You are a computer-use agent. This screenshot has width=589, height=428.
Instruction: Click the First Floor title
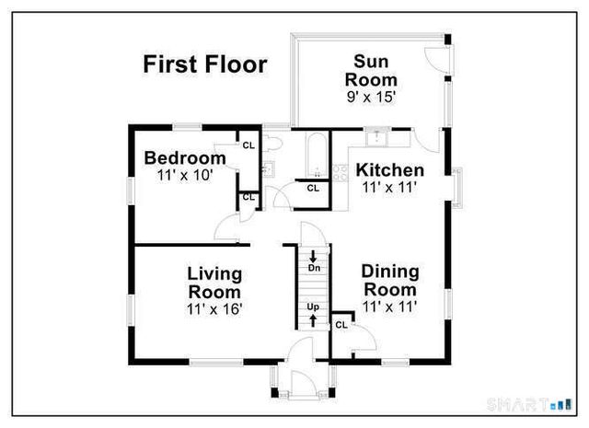204,65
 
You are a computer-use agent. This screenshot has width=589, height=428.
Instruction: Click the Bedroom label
185,157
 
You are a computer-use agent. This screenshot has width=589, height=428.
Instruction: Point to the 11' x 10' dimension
185,174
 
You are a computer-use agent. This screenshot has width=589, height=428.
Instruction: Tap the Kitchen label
390,170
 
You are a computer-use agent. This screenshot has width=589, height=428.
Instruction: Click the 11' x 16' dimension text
214,309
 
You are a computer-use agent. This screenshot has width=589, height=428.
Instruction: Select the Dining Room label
390,281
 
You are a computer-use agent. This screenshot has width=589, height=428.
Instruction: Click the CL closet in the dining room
341,324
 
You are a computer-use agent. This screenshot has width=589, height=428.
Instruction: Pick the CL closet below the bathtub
313,189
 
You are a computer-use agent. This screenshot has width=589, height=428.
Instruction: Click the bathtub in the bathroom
317,154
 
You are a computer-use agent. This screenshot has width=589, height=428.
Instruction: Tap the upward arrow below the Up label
314,319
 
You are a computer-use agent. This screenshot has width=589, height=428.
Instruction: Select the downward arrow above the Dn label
314,255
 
